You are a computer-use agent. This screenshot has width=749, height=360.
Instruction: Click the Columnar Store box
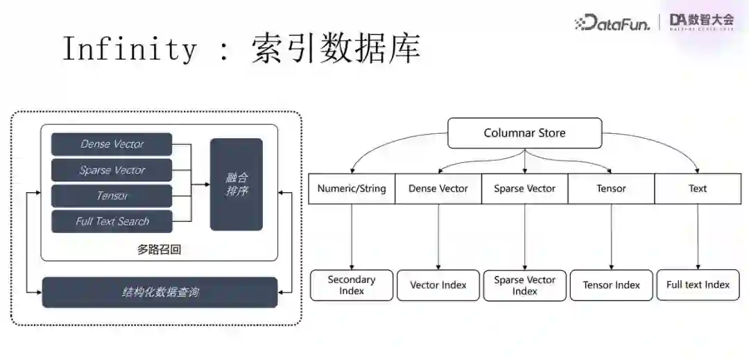pyautogui.click(x=524, y=133)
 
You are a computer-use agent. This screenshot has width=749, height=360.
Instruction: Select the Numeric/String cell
pyautogui.click(x=352, y=189)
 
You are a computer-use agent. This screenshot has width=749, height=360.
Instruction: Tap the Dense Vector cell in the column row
pyautogui.click(x=438, y=189)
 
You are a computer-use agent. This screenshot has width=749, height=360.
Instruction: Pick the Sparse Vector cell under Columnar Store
pyautogui.click(x=524, y=189)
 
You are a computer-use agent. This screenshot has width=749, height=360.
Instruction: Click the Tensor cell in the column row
pyautogui.click(x=611, y=189)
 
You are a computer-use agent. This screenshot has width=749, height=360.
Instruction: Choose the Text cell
pyautogui.click(x=698, y=189)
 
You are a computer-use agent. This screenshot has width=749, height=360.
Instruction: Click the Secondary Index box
pyautogui.click(x=352, y=285)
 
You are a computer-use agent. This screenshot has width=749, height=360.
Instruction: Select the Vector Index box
pyautogui.click(x=438, y=285)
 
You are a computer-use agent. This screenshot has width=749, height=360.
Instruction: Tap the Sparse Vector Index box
pyautogui.click(x=524, y=285)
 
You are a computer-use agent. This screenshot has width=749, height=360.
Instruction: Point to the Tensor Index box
pyautogui.click(x=611, y=285)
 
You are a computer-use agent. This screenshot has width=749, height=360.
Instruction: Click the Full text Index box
pyautogui.click(x=698, y=285)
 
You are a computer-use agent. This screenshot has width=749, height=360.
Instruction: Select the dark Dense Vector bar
pyautogui.click(x=112, y=144)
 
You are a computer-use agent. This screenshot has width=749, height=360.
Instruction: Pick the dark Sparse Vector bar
pyautogui.click(x=112, y=170)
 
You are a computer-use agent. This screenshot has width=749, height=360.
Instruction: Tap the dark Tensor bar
pyautogui.click(x=112, y=196)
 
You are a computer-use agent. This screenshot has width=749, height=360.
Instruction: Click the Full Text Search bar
pyautogui.click(x=112, y=221)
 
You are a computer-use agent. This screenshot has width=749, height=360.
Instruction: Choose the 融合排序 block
pyautogui.click(x=236, y=184)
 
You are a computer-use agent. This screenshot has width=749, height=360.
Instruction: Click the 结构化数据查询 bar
pyautogui.click(x=160, y=292)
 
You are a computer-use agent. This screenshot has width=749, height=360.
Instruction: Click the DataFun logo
pyautogui.click(x=612, y=23)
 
